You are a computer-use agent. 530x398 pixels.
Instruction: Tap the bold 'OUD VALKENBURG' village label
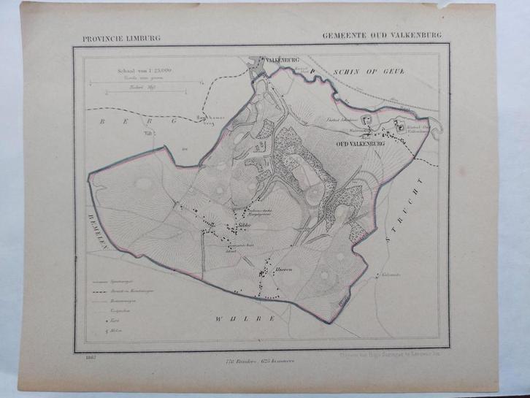tap(359, 145)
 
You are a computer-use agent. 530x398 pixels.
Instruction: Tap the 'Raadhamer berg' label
tap(208, 118)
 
